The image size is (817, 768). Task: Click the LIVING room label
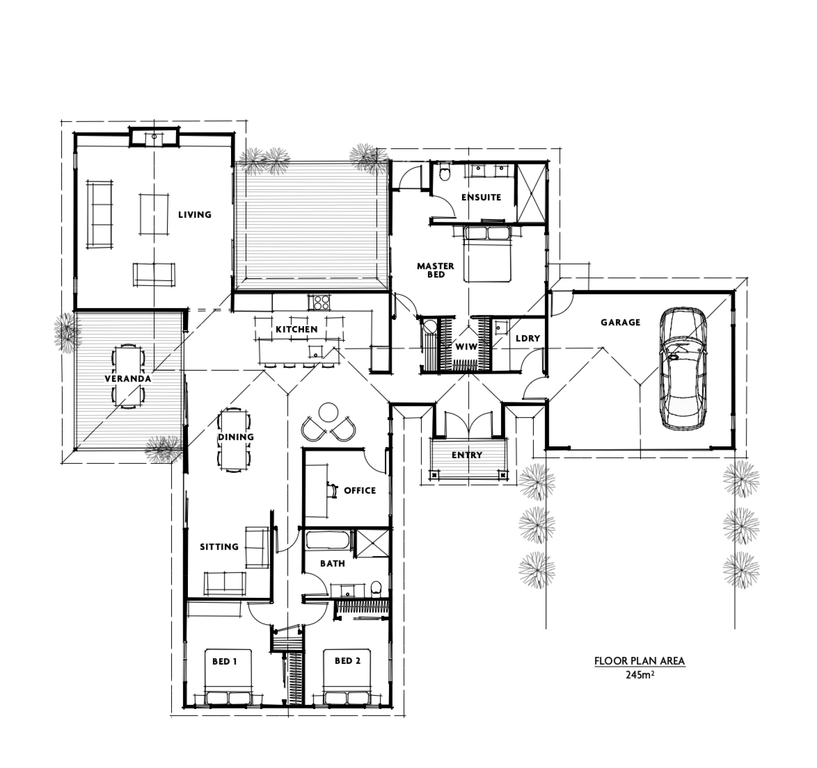[195, 215]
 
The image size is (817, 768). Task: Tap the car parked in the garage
[683, 368]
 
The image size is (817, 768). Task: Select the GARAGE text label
[620, 323]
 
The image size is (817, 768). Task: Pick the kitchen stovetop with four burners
[319, 302]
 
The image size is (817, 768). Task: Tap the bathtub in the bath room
[328, 540]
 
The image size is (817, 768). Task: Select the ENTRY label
[467, 455]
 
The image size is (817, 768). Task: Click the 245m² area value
[640, 675]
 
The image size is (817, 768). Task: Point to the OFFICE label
[360, 490]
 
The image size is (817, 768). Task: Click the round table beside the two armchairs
[328, 412]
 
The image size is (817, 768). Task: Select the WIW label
[466, 347]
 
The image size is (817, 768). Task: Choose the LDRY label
[527, 338]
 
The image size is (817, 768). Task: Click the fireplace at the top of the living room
[154, 137]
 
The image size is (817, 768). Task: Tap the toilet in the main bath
[376, 588]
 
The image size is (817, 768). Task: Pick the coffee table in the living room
[154, 214]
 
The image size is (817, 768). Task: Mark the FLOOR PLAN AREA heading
[640, 661]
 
